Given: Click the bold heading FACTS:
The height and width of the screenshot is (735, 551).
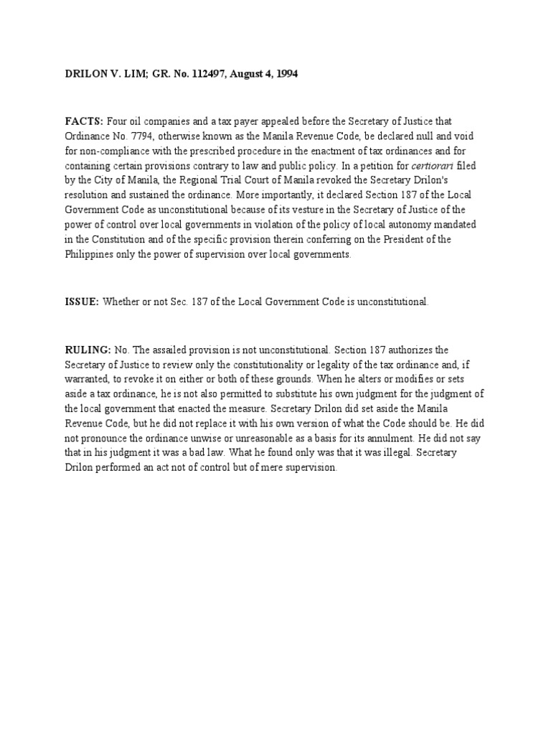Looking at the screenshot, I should (84, 122).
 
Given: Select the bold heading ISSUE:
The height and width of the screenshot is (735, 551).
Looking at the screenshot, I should (82, 302).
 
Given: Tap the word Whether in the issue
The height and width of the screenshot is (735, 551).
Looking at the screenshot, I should (122, 302).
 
